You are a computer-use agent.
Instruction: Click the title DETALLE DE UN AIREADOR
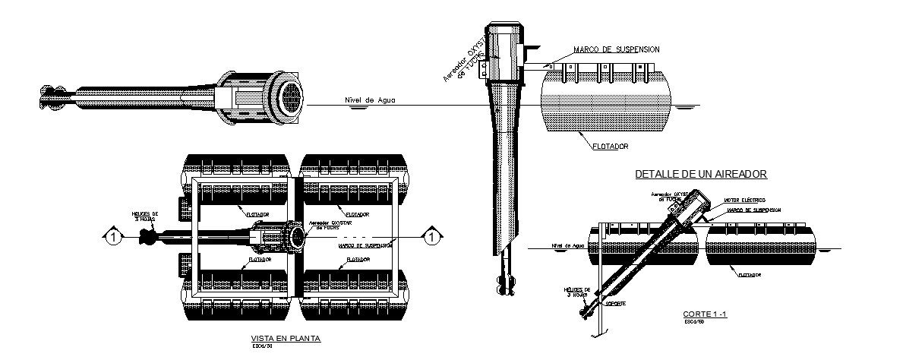pyautogui.click(x=701, y=175)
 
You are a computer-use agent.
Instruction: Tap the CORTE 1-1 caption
pyautogui.click(x=699, y=313)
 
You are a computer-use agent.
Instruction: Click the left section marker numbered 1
pyautogui.click(x=112, y=238)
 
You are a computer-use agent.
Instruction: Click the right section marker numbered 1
pyautogui.click(x=431, y=238)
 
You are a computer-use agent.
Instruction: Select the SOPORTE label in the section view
pyautogui.click(x=617, y=303)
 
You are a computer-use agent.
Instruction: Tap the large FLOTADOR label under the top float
pyautogui.click(x=609, y=145)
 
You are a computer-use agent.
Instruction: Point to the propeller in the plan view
pyautogui.click(x=147, y=238)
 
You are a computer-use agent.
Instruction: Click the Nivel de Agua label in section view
pyautogui.click(x=568, y=246)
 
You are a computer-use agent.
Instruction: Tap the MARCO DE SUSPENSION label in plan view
pyautogui.click(x=365, y=245)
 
